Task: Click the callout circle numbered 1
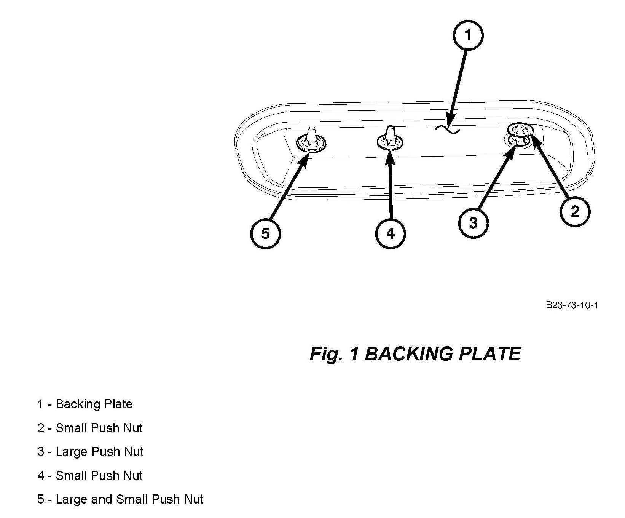(468, 35)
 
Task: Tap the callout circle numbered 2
(575, 211)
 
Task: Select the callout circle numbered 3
(473, 223)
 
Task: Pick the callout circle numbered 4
(391, 233)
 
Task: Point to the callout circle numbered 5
(265, 233)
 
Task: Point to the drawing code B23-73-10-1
(572, 305)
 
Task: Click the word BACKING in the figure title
(409, 354)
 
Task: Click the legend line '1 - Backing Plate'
(85, 404)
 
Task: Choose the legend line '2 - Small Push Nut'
(90, 428)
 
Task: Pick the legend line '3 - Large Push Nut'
(90, 452)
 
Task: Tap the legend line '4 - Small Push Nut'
(90, 476)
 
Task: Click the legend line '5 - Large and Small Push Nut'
(120, 499)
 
